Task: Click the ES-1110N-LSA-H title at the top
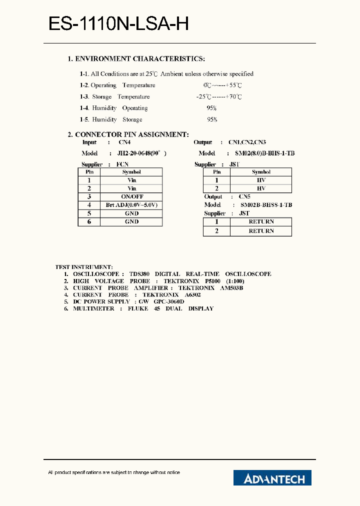click(x=118, y=24)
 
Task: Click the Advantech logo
click(x=272, y=478)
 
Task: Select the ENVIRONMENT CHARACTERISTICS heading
click(x=136, y=59)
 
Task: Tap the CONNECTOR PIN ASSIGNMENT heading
click(x=128, y=134)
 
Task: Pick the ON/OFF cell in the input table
click(x=132, y=196)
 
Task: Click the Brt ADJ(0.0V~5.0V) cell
click(x=132, y=205)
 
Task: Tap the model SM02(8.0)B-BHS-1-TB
click(x=261, y=153)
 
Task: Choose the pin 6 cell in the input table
click(x=89, y=221)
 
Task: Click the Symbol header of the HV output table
click(x=261, y=172)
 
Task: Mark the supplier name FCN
click(x=122, y=164)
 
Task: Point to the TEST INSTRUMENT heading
click(x=84, y=267)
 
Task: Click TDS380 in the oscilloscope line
click(x=138, y=274)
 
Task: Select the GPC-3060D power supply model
click(x=169, y=301)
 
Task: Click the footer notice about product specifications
click(x=114, y=472)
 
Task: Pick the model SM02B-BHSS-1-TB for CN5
click(x=266, y=205)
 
